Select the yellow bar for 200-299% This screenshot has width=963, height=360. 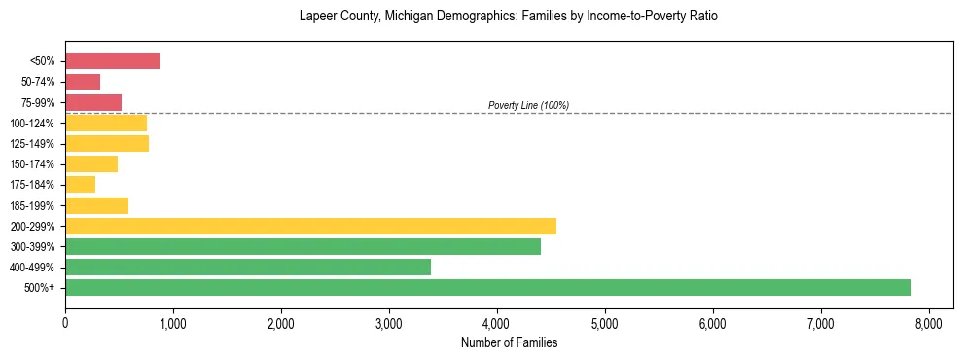(310, 226)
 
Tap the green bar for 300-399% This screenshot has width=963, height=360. (303, 246)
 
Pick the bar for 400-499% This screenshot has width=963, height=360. (248, 267)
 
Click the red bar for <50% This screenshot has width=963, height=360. (112, 60)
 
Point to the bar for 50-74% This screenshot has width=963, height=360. (83, 82)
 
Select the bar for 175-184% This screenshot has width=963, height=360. (80, 184)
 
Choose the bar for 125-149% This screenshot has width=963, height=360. (107, 143)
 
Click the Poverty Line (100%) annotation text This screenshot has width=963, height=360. (528, 105)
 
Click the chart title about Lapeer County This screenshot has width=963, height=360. (509, 17)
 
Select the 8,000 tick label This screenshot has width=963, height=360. (928, 323)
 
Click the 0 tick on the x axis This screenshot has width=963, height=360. (65, 323)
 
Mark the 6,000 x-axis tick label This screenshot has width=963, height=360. (712, 323)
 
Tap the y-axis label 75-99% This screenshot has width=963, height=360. (38, 103)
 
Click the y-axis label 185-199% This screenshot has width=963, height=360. (35, 205)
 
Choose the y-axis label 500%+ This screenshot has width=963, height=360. (42, 288)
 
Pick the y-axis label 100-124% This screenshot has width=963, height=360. (35, 124)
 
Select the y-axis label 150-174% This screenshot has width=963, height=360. (35, 164)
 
